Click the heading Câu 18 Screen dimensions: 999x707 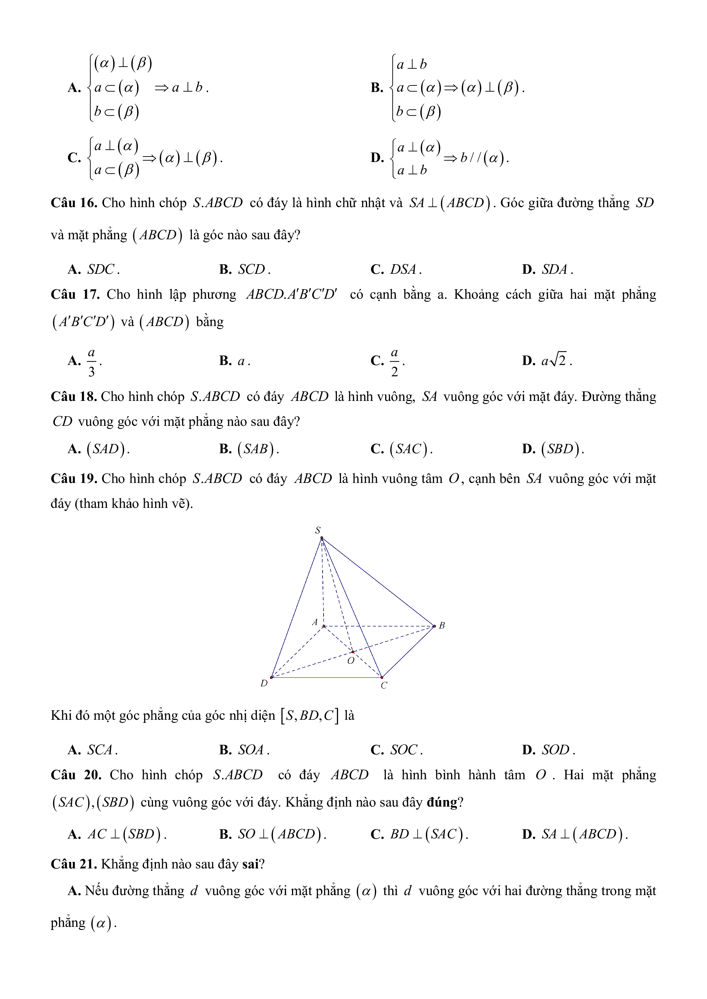click(x=74, y=397)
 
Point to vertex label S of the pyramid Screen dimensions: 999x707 click(x=318, y=530)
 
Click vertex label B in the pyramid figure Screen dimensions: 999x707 click(x=442, y=626)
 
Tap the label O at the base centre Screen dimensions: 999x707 click(x=351, y=661)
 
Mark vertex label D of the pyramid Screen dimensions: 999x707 click(x=264, y=684)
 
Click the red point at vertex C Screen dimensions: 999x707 click(x=382, y=677)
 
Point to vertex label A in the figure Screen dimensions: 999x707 click(x=315, y=623)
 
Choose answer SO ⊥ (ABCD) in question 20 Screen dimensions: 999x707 click(x=281, y=835)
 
